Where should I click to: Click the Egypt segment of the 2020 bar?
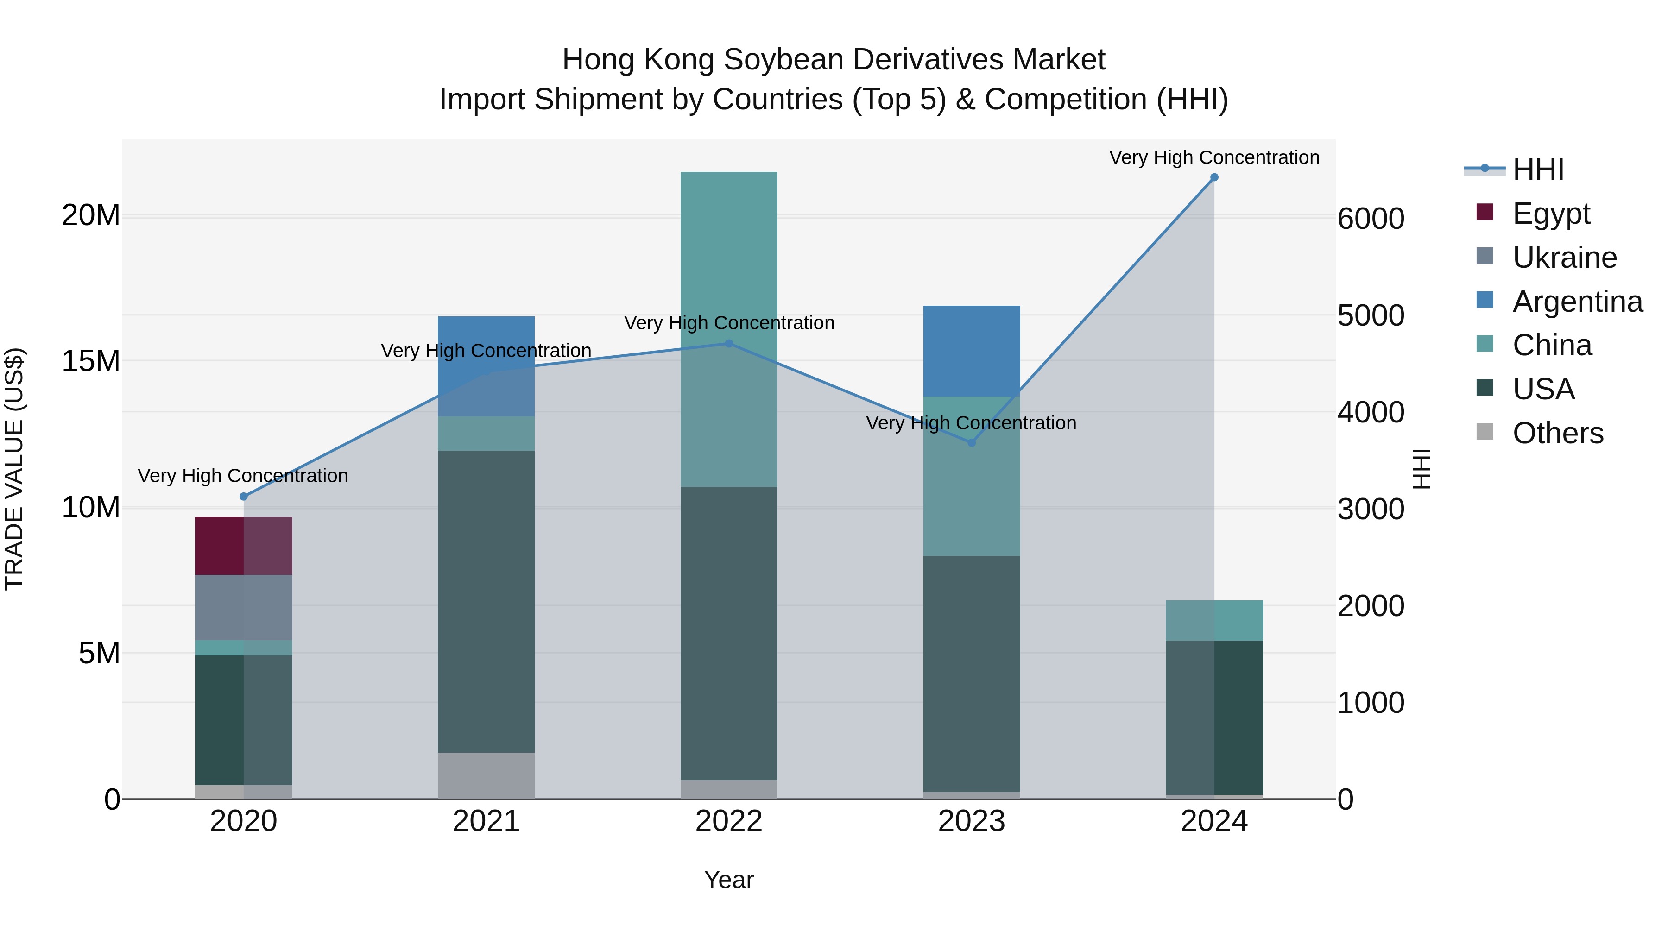click(243, 546)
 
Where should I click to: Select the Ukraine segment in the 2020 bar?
click(243, 607)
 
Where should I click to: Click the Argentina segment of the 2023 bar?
click(971, 351)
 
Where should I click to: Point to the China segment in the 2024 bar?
click(1214, 620)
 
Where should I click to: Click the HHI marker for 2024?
click(1214, 177)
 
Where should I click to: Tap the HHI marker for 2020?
click(243, 497)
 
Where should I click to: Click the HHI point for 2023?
click(971, 443)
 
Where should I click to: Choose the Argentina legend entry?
click(1577, 302)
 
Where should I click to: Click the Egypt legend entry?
click(1551, 214)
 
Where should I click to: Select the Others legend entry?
click(1557, 433)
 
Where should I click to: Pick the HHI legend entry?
click(1538, 170)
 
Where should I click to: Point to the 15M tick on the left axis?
click(91, 361)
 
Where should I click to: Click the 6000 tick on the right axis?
click(1371, 219)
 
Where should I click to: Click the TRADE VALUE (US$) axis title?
click(14, 469)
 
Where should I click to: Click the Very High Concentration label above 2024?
click(1214, 157)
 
